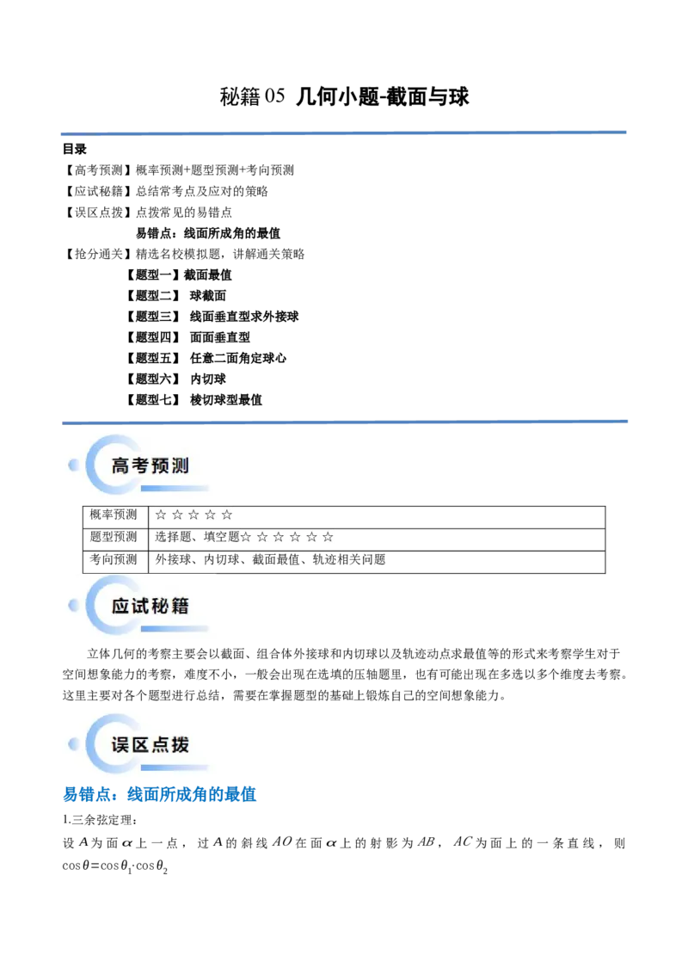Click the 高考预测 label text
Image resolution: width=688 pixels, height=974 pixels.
(x=150, y=466)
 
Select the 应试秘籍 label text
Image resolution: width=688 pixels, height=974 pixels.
(x=150, y=606)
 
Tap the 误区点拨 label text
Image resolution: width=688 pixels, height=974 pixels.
(x=150, y=744)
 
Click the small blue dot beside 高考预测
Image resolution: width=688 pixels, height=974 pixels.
(x=73, y=465)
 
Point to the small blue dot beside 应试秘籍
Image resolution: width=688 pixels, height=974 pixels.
(x=73, y=605)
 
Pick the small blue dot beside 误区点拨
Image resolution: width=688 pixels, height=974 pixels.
(x=73, y=743)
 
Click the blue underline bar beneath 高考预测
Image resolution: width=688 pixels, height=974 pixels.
(x=175, y=489)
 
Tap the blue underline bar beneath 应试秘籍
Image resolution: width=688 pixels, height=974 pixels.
(x=175, y=629)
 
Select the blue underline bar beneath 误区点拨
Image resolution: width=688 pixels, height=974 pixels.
(x=175, y=767)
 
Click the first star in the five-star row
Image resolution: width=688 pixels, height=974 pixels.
(x=161, y=515)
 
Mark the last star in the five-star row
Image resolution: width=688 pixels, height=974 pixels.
(x=226, y=515)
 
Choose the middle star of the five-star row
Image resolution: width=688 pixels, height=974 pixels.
(x=193, y=515)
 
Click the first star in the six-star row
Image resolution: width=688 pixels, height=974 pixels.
(x=246, y=537)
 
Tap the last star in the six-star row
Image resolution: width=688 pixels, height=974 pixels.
(x=328, y=537)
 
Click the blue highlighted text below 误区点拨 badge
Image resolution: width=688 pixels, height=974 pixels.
(x=161, y=794)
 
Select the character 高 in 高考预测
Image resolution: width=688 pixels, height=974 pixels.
(x=120, y=466)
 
